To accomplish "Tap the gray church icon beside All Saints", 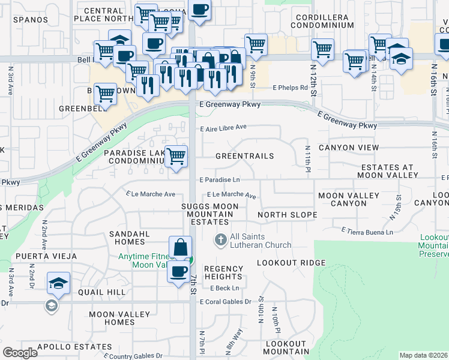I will tap(221, 240).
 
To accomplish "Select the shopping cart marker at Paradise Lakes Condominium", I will tap(176, 156).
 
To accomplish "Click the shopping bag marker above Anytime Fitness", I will tap(181, 246).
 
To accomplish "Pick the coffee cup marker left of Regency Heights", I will tap(178, 272).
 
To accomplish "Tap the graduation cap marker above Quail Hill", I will tap(58, 283).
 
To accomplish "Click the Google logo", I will tap(20, 353).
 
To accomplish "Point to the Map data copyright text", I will tap(424, 355).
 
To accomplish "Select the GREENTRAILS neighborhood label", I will tap(244, 156).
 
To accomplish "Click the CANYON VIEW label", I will tap(349, 148).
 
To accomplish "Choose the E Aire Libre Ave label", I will tap(223, 127).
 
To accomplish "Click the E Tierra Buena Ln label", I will tap(367, 231).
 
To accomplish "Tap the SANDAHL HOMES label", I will tap(126, 238).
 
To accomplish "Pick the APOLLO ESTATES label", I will tap(74, 347).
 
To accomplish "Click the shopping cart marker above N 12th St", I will tap(323, 49).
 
